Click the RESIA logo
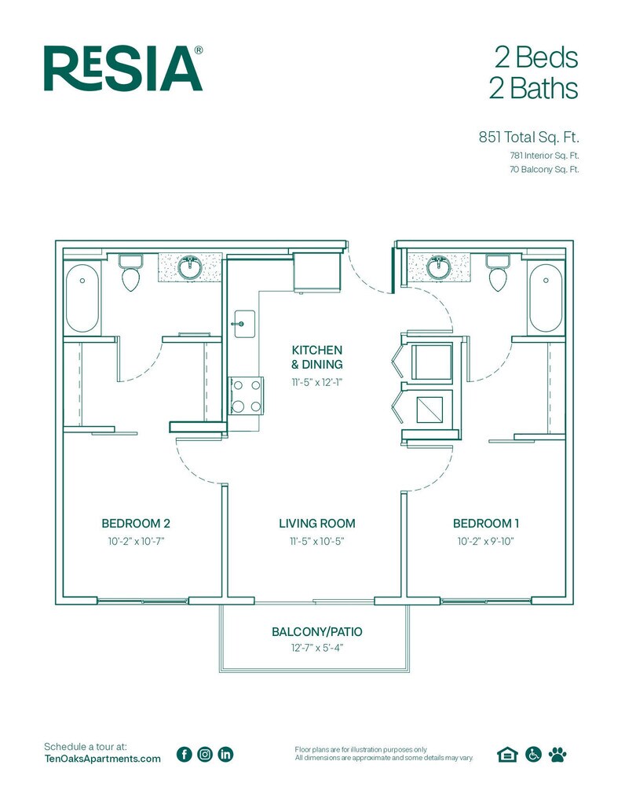click(123, 68)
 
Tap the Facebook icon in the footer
click(184, 754)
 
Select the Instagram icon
click(205, 754)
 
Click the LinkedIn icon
click(225, 754)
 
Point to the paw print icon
click(557, 754)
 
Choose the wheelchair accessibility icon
click(533, 754)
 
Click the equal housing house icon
click(507, 754)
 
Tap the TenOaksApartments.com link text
click(103, 759)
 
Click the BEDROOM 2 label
click(136, 523)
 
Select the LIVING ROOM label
click(317, 523)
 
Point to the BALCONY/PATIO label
click(317, 631)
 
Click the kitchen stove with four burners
click(246, 396)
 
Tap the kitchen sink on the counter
click(244, 324)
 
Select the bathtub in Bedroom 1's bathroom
click(546, 298)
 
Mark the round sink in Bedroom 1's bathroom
click(439, 267)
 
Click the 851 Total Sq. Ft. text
click(528, 137)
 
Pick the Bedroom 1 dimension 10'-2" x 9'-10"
click(485, 541)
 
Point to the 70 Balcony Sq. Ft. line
click(544, 170)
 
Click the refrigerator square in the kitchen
click(317, 271)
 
